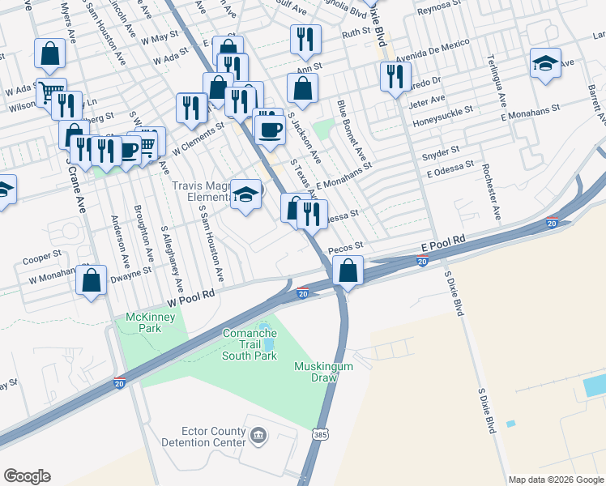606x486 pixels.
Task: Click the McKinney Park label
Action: (149, 322)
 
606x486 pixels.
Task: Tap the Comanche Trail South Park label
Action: (250, 344)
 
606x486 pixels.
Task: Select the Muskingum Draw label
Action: (323, 373)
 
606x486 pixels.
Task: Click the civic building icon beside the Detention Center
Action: (258, 437)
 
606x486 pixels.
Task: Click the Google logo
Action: (27, 476)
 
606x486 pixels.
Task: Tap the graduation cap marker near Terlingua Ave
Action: (545, 63)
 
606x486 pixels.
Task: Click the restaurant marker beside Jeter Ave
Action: (395, 77)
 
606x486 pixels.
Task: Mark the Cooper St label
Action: (43, 258)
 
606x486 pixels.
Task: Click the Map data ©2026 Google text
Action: (556, 480)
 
